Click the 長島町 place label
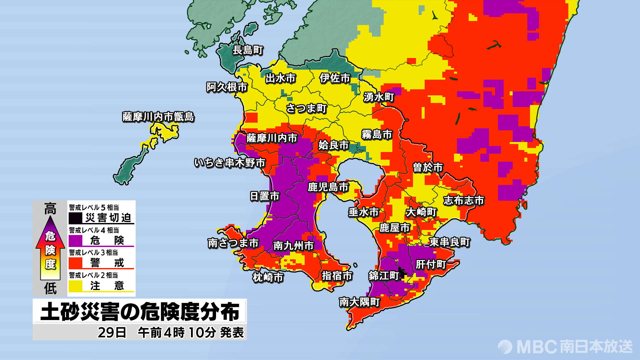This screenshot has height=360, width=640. [x=248, y=50]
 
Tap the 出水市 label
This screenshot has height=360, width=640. [x=280, y=78]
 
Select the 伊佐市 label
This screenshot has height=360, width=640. [x=335, y=78]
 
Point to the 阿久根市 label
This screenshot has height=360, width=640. [x=227, y=87]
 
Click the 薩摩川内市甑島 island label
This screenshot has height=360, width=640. [x=158, y=117]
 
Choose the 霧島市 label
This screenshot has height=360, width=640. [x=377, y=135]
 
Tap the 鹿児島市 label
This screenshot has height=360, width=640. [x=328, y=187]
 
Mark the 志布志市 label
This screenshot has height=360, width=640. [x=463, y=201]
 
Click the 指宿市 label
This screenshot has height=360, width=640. [x=337, y=276]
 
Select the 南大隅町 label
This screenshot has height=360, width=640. [x=359, y=302]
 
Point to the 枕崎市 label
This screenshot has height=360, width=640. [x=268, y=277]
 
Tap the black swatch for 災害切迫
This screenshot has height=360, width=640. [x=76, y=218]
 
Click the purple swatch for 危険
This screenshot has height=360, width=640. [x=76, y=240]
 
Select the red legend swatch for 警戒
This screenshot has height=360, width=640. [x=76, y=263]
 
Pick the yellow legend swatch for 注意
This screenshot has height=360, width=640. [x=76, y=286]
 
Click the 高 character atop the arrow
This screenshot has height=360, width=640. [x=50, y=209]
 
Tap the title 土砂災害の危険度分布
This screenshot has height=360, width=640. [x=140, y=312]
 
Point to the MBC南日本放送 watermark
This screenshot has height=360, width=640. [x=565, y=347]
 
